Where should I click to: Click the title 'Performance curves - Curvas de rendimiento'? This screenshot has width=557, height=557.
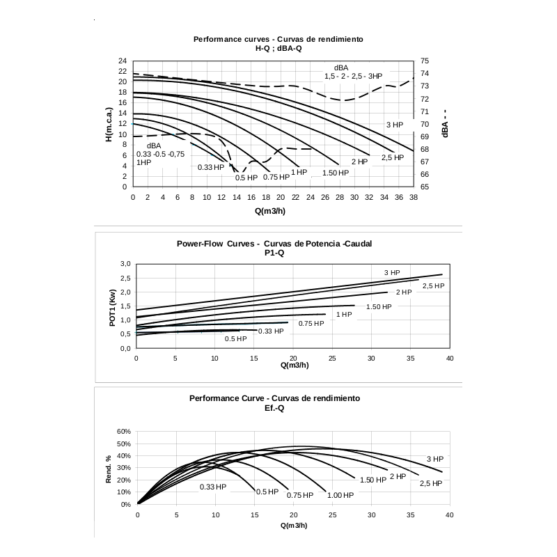point(278,39)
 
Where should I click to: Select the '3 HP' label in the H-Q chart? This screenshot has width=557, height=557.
point(395,125)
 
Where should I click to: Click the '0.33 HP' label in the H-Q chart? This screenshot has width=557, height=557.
point(211,167)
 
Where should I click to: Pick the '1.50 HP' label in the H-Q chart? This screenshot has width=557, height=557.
point(335,173)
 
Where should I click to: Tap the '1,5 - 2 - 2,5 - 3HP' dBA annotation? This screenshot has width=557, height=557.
point(353,75)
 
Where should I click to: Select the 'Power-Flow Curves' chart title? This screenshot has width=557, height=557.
point(275,244)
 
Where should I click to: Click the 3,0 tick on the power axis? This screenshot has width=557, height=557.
point(125,264)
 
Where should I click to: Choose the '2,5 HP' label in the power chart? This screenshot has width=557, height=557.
point(433,286)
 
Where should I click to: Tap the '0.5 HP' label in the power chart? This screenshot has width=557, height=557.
point(235,339)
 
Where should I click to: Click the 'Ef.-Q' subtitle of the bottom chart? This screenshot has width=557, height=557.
point(274,408)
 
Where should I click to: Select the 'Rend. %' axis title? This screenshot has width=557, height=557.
point(109,469)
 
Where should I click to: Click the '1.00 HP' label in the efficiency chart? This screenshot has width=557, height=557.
point(340,495)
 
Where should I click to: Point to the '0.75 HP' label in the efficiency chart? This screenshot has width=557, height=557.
point(300,495)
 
